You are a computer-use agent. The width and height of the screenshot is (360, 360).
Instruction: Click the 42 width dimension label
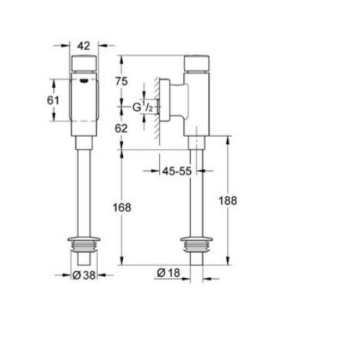pyautogui.click(x=84, y=46)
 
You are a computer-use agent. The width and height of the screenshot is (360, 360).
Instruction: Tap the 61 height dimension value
pyautogui.click(x=53, y=100)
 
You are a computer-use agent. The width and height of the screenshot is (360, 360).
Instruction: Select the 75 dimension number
pyautogui.click(x=121, y=81)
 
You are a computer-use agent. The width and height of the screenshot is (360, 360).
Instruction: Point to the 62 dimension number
pyautogui.click(x=121, y=128)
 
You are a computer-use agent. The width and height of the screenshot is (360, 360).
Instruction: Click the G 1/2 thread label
pyautogui.click(x=142, y=107)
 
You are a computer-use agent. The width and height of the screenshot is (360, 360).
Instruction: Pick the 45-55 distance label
pyautogui.click(x=177, y=171)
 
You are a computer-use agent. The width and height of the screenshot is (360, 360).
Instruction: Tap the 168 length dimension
pyautogui.click(x=122, y=207)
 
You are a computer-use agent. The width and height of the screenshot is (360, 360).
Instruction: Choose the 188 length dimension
pyautogui.click(x=228, y=201)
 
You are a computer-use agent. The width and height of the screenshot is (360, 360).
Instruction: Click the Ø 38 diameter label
pyautogui.click(x=84, y=275)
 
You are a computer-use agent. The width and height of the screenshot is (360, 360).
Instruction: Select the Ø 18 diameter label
pyautogui.click(x=168, y=273)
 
